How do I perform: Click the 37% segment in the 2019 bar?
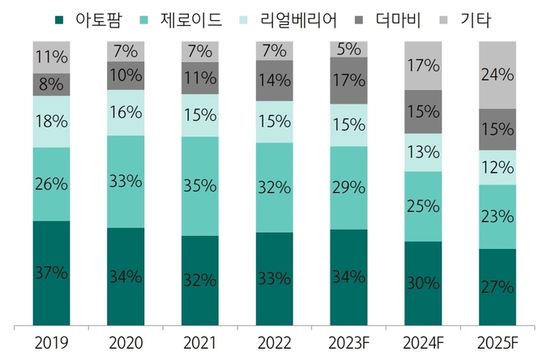pyautogui.click(x=51, y=273)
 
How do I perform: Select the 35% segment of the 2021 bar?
pyautogui.click(x=199, y=186)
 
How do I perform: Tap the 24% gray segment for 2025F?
pyautogui.click(x=497, y=75)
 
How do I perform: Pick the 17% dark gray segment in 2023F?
pyautogui.click(x=348, y=81)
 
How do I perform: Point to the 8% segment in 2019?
pyautogui.click(x=51, y=84)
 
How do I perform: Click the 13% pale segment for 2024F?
pyautogui.click(x=422, y=152)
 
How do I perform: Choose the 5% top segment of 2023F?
pyautogui.click(x=348, y=49)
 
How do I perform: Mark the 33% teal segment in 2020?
pyautogui.click(x=125, y=182)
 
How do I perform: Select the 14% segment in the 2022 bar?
pyautogui.click(x=274, y=81)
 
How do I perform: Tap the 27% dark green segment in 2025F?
pyautogui.click(x=497, y=286)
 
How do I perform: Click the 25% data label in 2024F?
pyautogui.click(x=422, y=207)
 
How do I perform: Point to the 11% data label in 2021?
pyautogui.click(x=199, y=79)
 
